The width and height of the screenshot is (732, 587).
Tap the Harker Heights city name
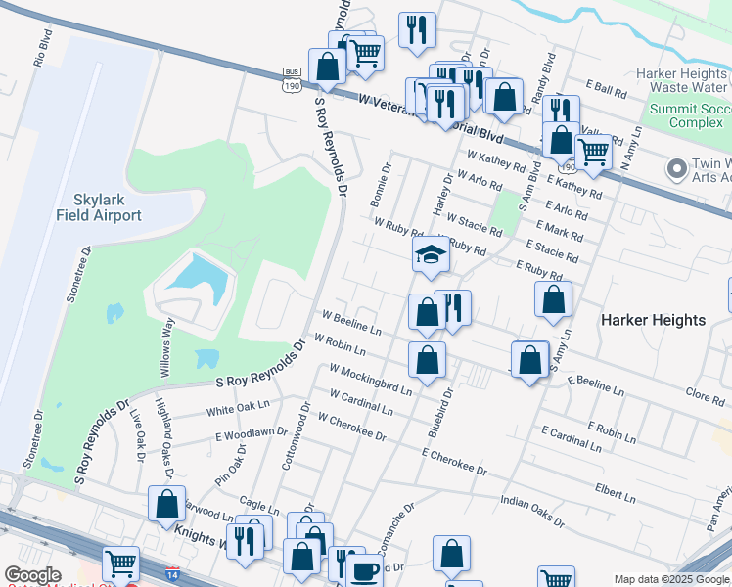[653, 320]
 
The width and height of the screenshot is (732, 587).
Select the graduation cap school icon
[429, 255]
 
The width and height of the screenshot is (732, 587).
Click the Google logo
[33, 576]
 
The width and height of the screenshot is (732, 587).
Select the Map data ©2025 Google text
[671, 579]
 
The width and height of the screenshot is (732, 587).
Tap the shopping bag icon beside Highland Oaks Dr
[167, 505]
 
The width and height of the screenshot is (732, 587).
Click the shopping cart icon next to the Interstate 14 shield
[120, 563]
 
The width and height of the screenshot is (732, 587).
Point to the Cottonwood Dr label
[294, 435]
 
